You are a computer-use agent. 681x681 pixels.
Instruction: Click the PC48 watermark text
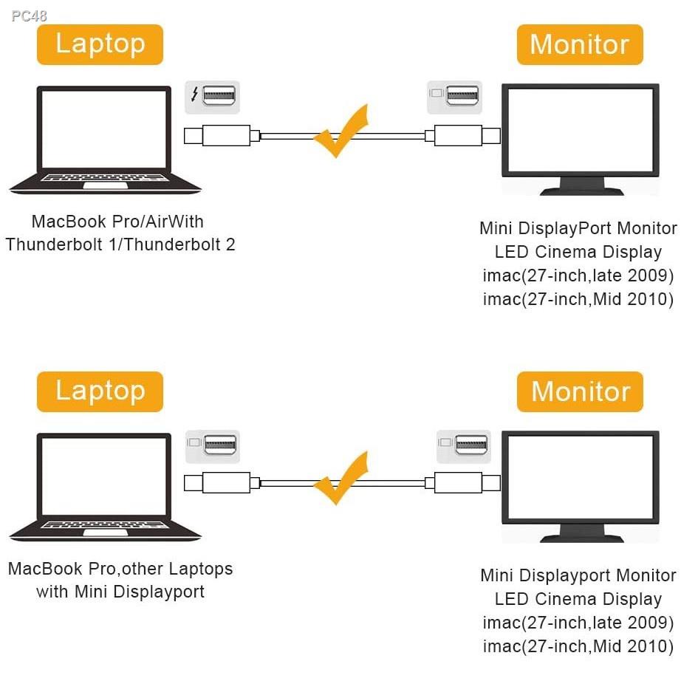pos(30,16)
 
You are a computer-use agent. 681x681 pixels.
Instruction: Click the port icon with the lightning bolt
pos(212,96)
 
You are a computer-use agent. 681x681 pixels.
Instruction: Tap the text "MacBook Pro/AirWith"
pos(117,222)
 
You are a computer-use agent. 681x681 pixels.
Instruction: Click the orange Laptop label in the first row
pos(100,44)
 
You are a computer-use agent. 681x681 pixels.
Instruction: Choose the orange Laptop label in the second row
pos(100,391)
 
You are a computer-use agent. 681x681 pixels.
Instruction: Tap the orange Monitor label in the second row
pos(580,391)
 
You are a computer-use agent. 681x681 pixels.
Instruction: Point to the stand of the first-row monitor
pos(581,185)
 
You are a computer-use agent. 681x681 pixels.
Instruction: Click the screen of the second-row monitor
pos(580,474)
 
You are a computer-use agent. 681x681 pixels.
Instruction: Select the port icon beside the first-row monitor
pos(455,96)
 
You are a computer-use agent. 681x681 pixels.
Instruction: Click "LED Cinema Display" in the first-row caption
pos(578,252)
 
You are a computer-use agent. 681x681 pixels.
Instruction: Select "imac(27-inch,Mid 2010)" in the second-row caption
pos(578,646)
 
